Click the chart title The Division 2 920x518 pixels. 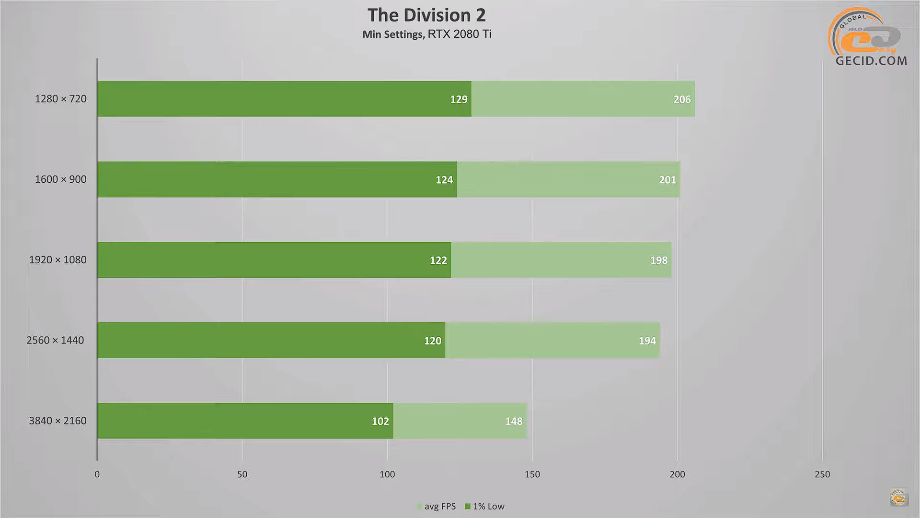(x=426, y=15)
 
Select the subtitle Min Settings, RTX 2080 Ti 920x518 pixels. (x=426, y=34)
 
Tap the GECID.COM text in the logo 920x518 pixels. (x=871, y=61)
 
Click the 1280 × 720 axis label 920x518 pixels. (x=60, y=99)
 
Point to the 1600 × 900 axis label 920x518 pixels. (x=60, y=179)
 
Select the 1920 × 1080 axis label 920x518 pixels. (x=57, y=260)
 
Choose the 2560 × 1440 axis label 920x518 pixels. (x=55, y=341)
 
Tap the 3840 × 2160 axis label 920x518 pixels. (x=57, y=421)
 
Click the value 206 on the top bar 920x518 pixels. (x=682, y=99)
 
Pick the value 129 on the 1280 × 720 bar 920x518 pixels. (x=459, y=99)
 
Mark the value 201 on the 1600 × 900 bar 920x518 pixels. (x=667, y=180)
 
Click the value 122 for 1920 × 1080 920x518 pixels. (x=438, y=260)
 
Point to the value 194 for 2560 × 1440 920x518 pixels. (x=647, y=341)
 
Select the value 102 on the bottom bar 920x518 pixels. (x=380, y=421)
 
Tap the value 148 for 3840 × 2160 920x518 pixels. (x=514, y=421)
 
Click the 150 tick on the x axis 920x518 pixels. (x=532, y=474)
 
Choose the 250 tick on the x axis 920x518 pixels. (x=822, y=474)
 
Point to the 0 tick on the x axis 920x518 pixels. (x=97, y=474)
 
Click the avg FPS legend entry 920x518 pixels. (x=436, y=506)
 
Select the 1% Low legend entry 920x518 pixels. (x=485, y=506)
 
